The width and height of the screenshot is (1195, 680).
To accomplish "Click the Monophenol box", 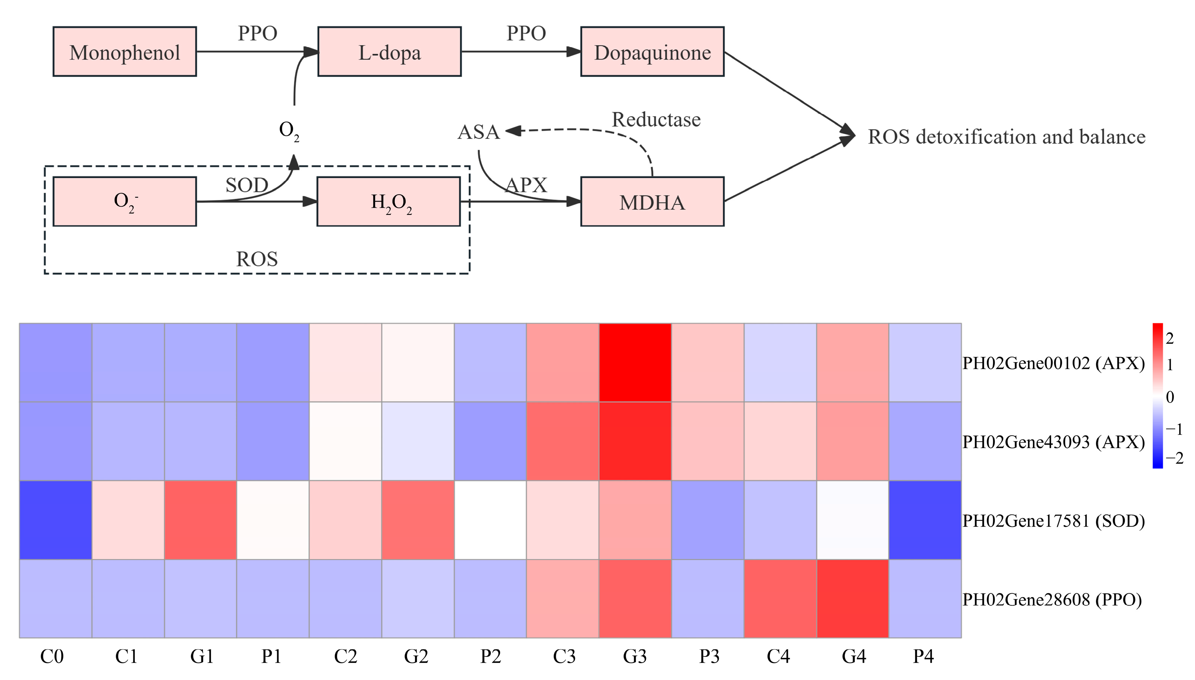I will [125, 52].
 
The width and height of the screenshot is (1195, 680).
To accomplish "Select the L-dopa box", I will [389, 52].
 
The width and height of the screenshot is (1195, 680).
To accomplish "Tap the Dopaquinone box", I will [652, 52].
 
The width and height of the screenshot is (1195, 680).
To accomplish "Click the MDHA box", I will [652, 202].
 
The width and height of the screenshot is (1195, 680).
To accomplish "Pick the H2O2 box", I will [388, 202].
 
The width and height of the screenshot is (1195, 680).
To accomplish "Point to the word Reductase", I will [656, 120].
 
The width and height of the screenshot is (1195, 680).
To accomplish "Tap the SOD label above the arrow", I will [247, 185].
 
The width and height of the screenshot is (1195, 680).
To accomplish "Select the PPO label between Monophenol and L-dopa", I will [257, 33].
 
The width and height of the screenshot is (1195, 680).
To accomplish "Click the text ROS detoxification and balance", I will [1006, 137].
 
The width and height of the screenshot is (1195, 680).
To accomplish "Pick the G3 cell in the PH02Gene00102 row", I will [635, 362].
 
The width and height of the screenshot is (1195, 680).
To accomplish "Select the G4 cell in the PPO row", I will [852, 599].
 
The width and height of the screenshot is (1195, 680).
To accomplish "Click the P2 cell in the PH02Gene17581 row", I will [490, 520].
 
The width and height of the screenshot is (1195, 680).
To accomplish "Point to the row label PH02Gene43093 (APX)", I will [1053, 442].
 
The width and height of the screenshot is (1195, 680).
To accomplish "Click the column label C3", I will [564, 656].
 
